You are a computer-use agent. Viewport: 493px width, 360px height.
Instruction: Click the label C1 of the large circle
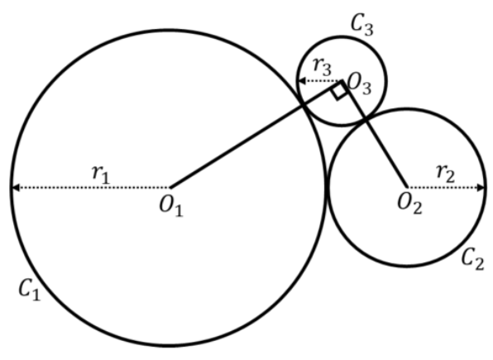[x=30, y=290]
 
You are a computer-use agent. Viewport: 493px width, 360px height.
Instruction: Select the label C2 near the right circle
[x=472, y=259]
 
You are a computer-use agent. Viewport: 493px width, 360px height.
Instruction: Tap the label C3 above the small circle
[x=362, y=24]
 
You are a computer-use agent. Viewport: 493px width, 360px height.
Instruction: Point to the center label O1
[x=171, y=206]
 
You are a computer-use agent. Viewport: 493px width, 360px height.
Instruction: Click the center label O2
[x=409, y=203]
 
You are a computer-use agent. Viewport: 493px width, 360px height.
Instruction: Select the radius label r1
[x=101, y=174]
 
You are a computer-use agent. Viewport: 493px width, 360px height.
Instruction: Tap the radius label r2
[x=446, y=173]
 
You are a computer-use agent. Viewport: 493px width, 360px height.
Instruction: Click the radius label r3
[x=323, y=67]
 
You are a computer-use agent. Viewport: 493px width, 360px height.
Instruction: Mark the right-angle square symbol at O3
[x=339, y=92]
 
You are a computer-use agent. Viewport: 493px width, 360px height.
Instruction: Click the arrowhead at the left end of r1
[x=15, y=188]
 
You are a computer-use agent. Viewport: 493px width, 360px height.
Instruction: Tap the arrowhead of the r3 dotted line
[x=302, y=81]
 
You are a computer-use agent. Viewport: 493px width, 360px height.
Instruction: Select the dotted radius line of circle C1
[x=91, y=188]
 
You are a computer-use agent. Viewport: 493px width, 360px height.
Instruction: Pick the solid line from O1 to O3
[x=256, y=134]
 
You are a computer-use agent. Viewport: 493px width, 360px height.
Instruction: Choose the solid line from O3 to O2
[x=374, y=134]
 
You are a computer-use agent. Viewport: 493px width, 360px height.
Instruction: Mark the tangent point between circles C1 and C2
[x=327, y=188]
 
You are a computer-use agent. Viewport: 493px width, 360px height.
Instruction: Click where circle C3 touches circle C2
[x=366, y=118]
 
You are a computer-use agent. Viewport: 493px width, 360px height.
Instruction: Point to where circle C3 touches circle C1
[x=303, y=104]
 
